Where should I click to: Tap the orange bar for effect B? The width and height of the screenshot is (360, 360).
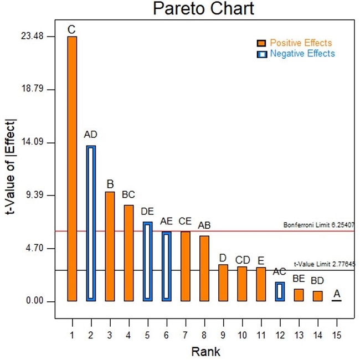coord(110,246)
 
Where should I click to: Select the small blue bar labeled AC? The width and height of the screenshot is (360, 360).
coord(280,291)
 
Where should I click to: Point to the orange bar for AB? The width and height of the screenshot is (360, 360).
coord(204,268)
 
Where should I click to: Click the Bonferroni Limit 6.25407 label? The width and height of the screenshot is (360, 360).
coord(318,225)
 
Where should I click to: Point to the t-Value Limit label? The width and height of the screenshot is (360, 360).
coord(324,265)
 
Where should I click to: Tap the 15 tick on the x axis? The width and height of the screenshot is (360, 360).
coord(337,335)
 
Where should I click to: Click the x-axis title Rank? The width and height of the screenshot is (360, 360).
coord(205,352)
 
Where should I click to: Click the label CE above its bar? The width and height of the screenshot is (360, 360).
coord(185,222)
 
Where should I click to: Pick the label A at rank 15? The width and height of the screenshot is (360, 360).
coord(337,293)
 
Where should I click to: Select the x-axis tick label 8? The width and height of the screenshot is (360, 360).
coord(204,335)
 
